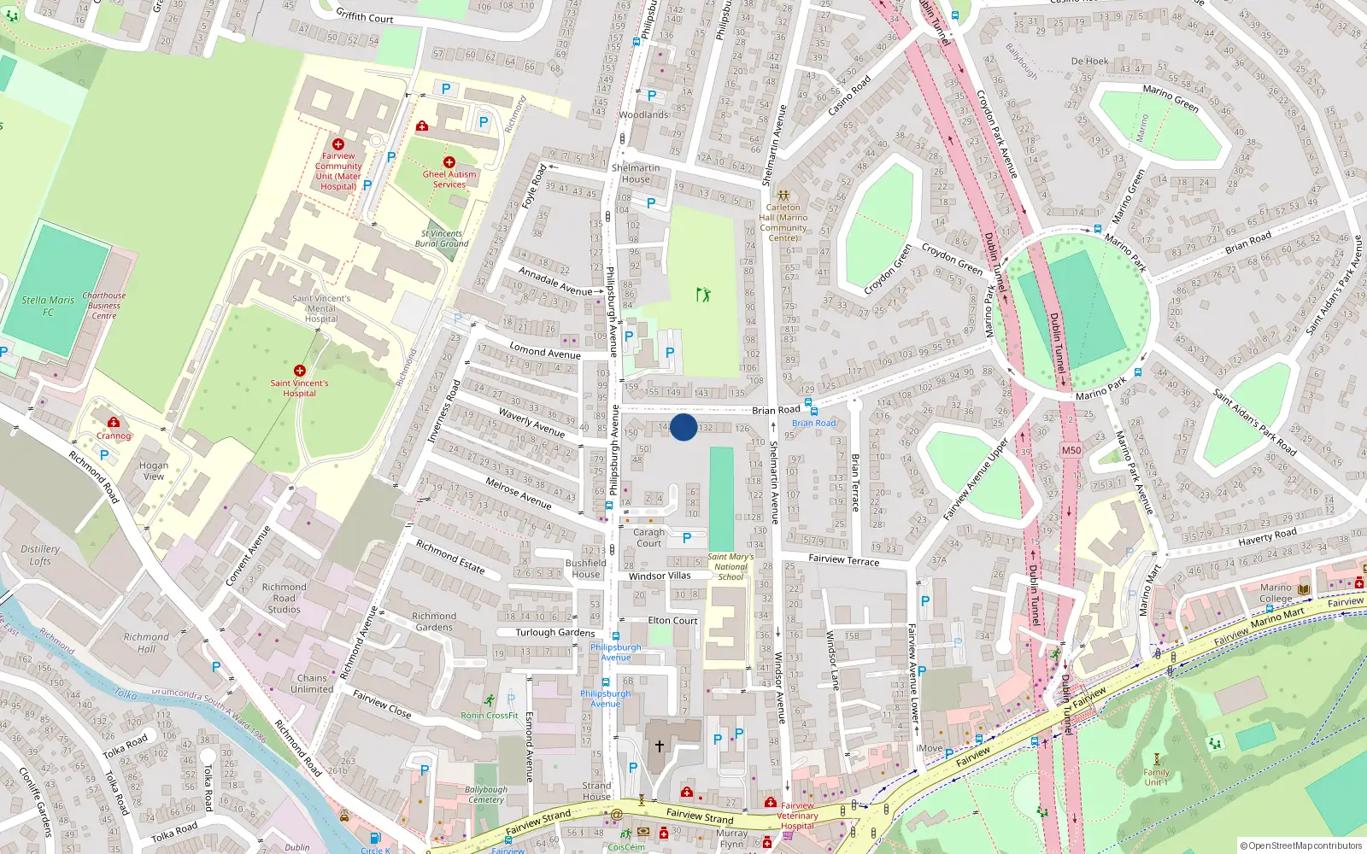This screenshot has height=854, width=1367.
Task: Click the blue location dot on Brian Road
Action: (683, 427)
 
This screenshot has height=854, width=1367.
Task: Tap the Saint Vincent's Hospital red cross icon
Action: (299, 371)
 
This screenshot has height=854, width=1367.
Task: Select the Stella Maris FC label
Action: (48, 306)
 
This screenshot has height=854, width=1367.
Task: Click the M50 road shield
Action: (1071, 450)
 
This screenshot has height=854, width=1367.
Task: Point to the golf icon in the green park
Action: (703, 295)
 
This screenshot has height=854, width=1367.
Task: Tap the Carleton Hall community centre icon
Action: (783, 196)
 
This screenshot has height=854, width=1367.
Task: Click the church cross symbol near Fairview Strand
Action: (659, 746)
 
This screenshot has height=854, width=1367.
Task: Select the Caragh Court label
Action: (648, 537)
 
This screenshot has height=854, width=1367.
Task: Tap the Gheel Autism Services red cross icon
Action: (449, 161)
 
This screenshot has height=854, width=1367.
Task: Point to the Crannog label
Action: (114, 436)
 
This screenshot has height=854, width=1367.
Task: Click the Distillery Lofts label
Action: (40, 555)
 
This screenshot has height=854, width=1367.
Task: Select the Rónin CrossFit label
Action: (490, 716)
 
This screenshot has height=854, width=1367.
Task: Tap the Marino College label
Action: (1276, 593)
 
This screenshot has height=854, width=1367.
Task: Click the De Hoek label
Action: (1089, 61)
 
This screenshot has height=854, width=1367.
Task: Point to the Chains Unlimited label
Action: (312, 683)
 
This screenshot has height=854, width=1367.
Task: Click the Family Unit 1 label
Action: (1156, 777)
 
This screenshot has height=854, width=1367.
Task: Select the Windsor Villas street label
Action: (660, 576)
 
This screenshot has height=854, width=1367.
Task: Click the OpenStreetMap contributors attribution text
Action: (1301, 845)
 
